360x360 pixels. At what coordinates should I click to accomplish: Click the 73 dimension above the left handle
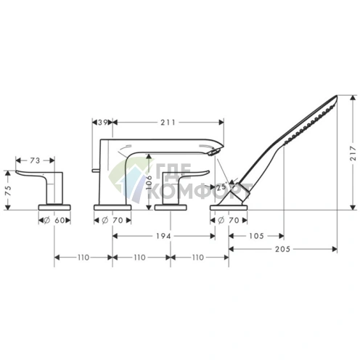click(35, 160)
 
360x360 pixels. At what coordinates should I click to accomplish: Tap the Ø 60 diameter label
click(54, 221)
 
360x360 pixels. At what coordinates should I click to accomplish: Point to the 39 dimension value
click(102, 123)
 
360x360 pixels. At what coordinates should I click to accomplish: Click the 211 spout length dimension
click(168, 123)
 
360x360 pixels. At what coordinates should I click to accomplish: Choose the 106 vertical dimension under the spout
click(150, 182)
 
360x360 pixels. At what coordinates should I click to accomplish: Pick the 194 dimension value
click(163, 236)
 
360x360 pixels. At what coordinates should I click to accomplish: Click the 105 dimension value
click(256, 236)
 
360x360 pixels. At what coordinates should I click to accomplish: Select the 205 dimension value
click(282, 249)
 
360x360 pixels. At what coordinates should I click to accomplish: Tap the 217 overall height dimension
click(353, 153)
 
